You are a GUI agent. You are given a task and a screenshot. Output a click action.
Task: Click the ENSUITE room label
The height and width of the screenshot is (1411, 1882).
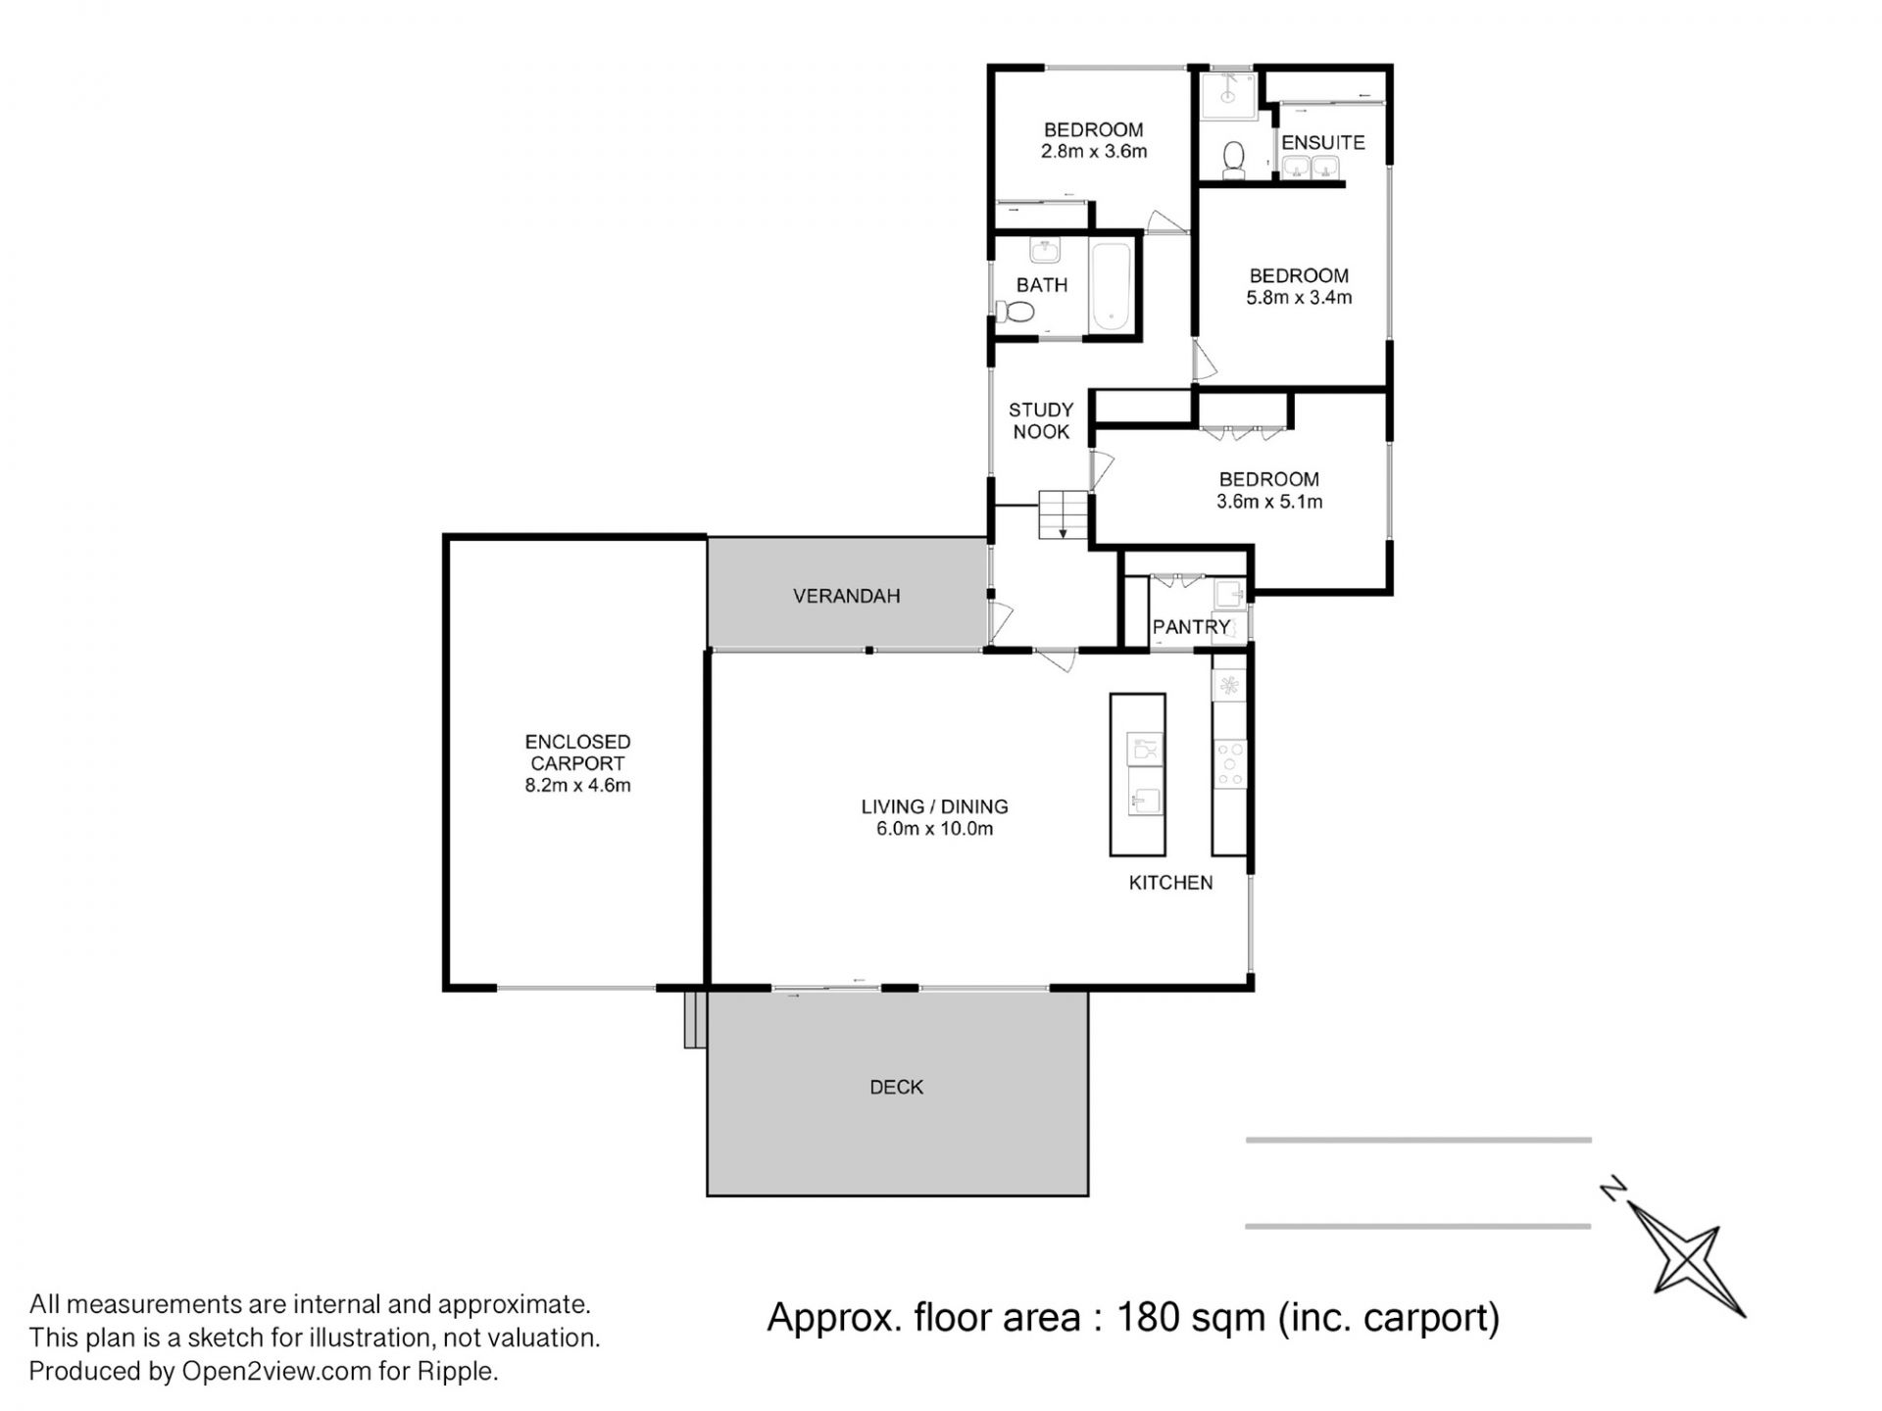(x=1322, y=143)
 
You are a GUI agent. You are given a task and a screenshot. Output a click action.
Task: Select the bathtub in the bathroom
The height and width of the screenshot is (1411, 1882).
(x=1112, y=286)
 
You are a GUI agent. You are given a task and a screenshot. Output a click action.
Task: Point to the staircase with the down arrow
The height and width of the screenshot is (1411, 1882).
(x=1064, y=515)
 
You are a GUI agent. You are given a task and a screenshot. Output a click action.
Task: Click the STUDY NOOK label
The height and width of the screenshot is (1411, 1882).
(x=1041, y=421)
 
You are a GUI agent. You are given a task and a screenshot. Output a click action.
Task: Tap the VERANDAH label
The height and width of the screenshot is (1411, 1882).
(x=847, y=596)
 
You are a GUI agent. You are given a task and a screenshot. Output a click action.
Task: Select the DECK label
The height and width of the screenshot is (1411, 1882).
(x=897, y=1087)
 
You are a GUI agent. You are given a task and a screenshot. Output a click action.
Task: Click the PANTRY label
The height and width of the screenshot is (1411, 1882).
(x=1191, y=627)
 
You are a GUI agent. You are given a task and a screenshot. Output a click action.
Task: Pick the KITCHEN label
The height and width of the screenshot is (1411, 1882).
(x=1171, y=883)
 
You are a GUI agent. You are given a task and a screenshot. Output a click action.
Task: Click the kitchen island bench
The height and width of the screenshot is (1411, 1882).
(x=1138, y=774)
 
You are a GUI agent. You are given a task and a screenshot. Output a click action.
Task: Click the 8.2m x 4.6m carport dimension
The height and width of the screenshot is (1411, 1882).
(x=577, y=785)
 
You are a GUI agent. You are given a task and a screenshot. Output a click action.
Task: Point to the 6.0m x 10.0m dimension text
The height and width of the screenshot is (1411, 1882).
(x=935, y=829)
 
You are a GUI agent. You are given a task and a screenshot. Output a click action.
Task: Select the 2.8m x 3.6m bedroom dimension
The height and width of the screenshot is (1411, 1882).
(x=1094, y=152)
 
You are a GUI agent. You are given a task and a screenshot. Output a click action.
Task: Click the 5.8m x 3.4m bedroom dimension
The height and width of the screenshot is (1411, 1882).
(x=1299, y=298)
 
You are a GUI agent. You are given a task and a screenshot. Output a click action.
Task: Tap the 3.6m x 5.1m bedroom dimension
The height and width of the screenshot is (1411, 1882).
(x=1269, y=502)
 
